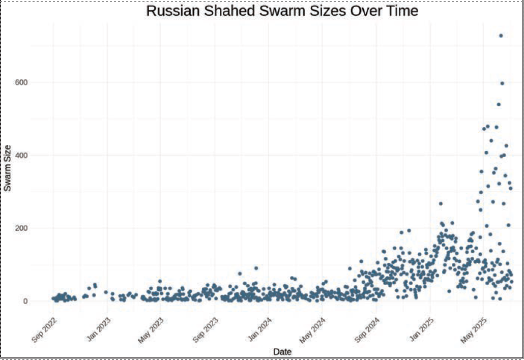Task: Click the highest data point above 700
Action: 501,36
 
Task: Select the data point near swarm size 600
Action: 502,83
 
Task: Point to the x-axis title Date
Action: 282,351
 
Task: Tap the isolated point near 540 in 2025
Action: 499,105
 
